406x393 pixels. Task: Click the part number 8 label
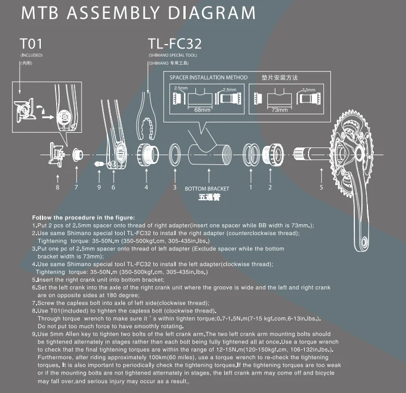coord(58,187)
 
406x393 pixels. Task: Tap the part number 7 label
coord(76,187)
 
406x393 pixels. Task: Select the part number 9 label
coord(99,187)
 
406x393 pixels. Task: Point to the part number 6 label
coord(113,187)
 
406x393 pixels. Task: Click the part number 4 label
coord(146,187)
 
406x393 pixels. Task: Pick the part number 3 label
coord(174,187)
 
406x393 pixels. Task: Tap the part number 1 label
coord(251,187)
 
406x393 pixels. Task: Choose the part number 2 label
coord(269,187)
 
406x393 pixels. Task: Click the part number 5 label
coord(321,187)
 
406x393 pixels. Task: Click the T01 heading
coord(30,43)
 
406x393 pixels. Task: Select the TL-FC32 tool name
coord(176,43)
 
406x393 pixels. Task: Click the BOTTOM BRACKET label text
coord(207,189)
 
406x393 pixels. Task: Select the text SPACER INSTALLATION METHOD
coord(208,78)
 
